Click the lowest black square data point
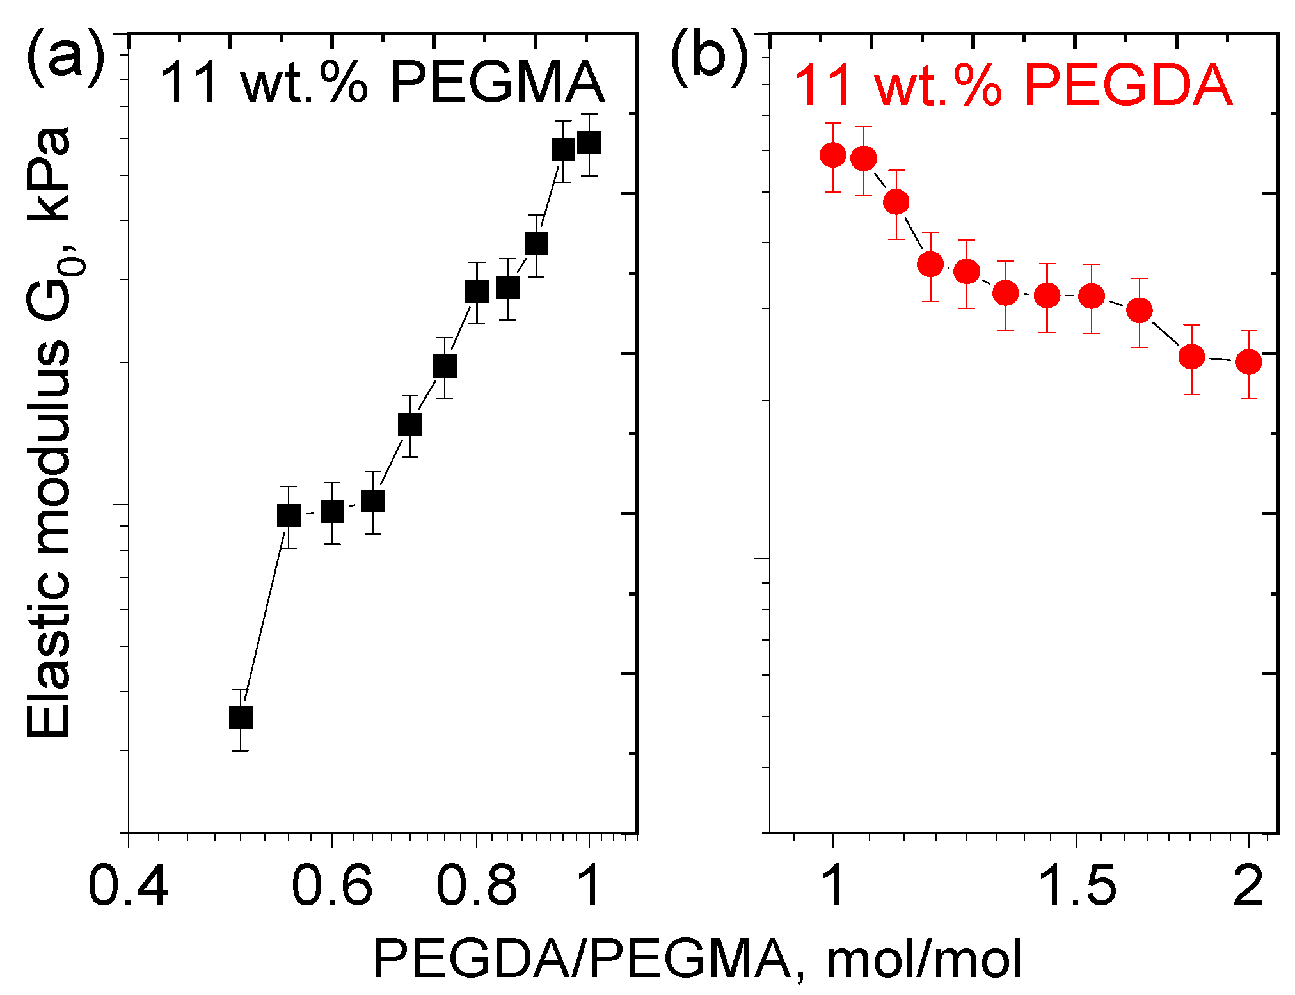point(241,718)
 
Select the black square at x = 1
point(589,143)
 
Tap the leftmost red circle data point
point(832,155)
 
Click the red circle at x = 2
point(1248,362)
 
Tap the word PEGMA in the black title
point(497,83)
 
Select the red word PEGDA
point(1127,86)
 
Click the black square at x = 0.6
point(332,511)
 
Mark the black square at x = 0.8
point(477,291)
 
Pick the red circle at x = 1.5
point(1092,296)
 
